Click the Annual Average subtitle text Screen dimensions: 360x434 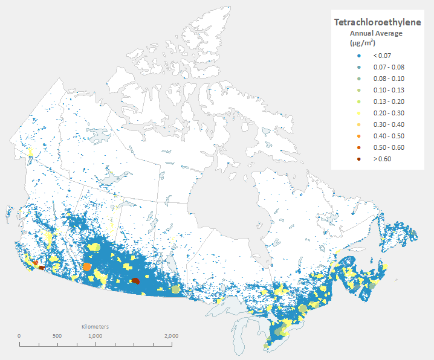(x=376, y=33)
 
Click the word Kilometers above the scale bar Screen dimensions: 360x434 (x=95, y=326)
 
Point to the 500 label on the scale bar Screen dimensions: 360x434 (x=57, y=336)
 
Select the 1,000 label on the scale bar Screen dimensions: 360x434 (x=95, y=336)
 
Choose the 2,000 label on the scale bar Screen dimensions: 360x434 (x=171, y=336)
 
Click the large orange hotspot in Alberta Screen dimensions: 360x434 (x=87, y=267)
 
